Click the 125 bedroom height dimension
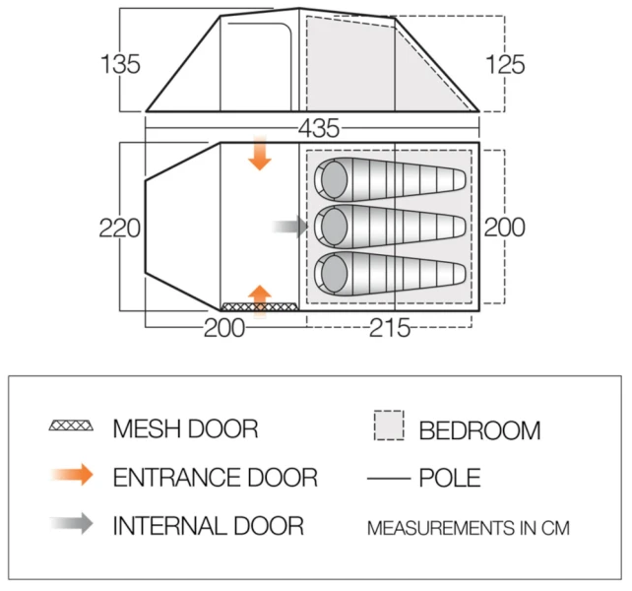(505, 65)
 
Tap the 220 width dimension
(120, 229)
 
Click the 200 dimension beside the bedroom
(505, 227)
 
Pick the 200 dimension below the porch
(224, 329)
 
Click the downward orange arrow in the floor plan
(260, 155)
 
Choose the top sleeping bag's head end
(333, 179)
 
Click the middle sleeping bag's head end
(333, 226)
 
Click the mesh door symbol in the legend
(71, 427)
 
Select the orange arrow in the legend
(71, 476)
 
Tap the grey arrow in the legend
(71, 524)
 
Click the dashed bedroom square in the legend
(390, 426)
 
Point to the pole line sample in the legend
(390, 479)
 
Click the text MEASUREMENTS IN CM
(469, 529)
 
